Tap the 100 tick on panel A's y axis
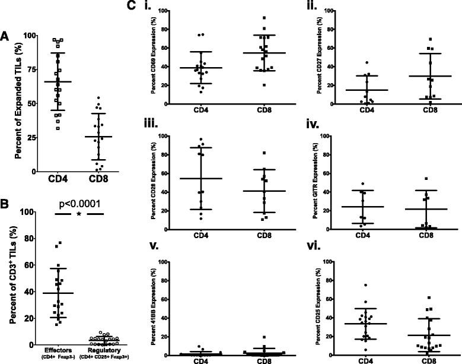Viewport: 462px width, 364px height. coord(27,35)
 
